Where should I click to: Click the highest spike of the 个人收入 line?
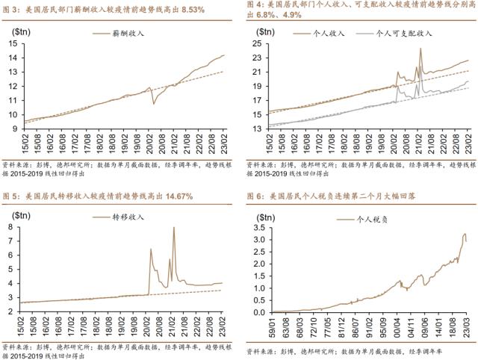click(x=420, y=49)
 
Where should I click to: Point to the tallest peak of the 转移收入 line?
click(x=174, y=228)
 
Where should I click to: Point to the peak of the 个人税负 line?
click(x=464, y=235)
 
